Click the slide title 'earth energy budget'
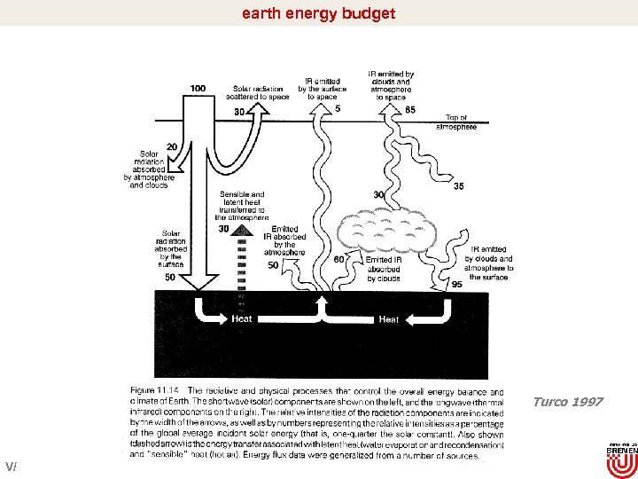point(318,13)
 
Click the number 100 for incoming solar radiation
point(198,88)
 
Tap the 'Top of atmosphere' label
point(455,122)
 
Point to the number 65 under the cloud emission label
point(409,109)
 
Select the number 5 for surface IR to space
point(338,109)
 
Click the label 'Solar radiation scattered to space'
point(261,92)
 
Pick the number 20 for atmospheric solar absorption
point(171,146)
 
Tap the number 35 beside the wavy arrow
point(458,186)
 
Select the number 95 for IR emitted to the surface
point(456,285)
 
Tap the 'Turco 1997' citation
point(567,402)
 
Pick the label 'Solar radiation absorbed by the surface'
point(172,248)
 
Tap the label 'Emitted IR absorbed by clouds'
point(383,269)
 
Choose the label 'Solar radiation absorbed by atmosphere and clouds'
point(149,169)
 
